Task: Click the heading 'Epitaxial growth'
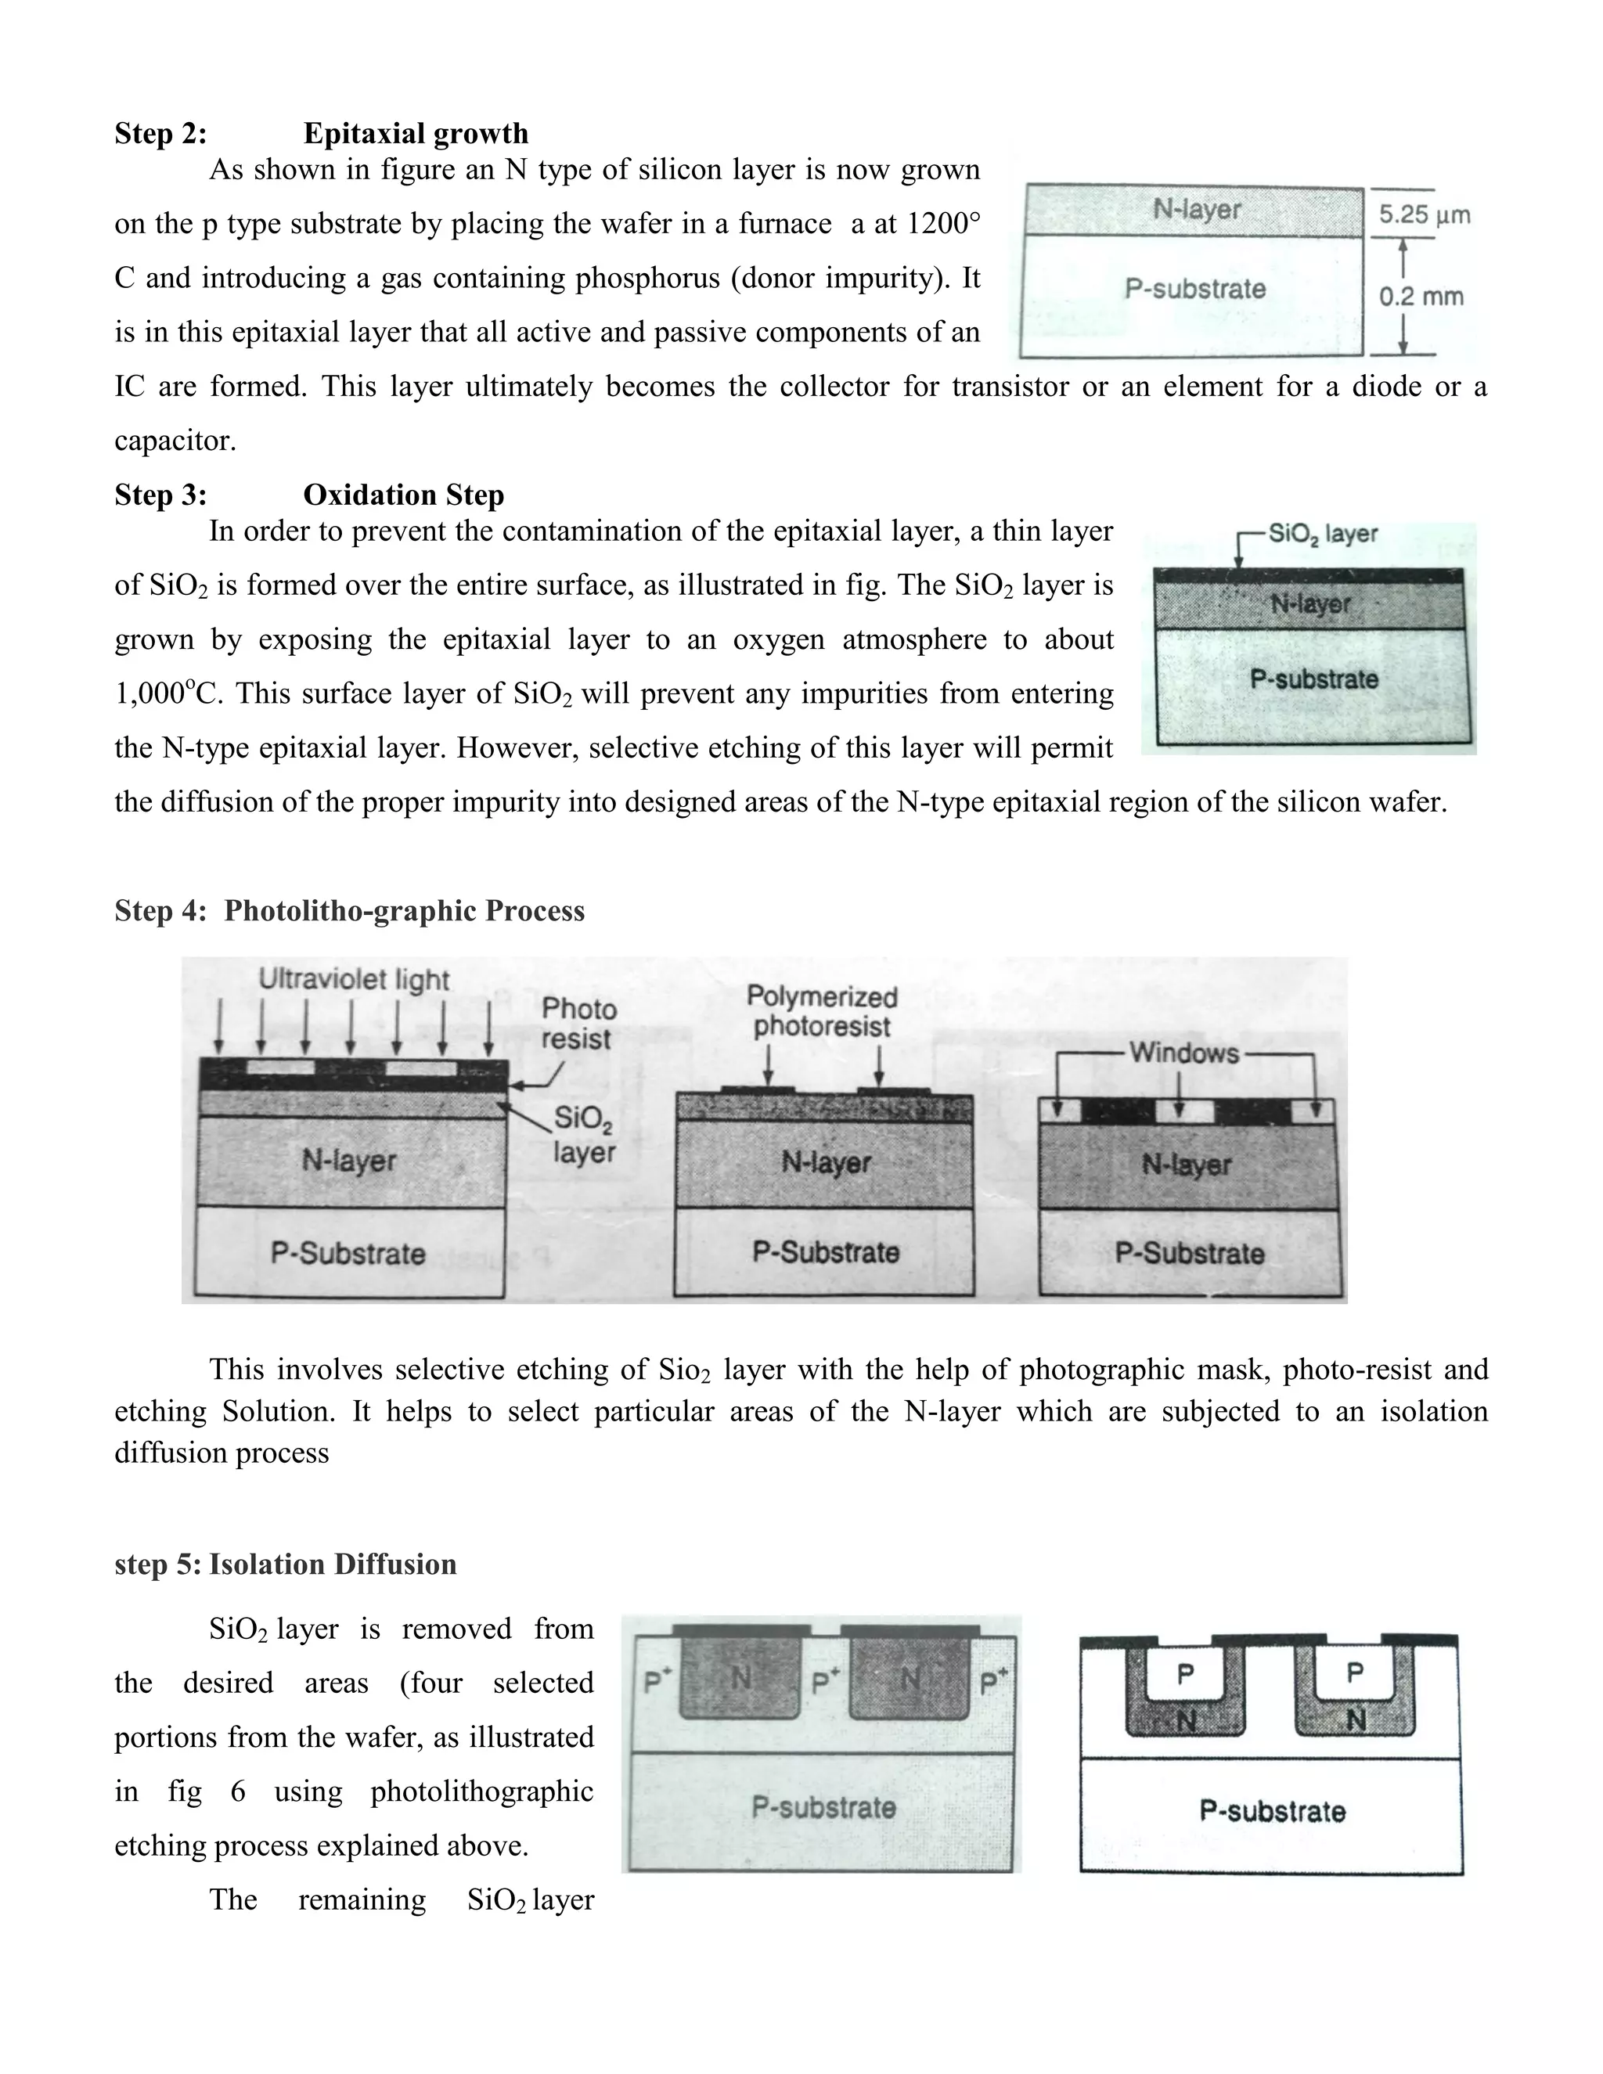pos(415,134)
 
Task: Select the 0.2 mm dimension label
pos(1421,297)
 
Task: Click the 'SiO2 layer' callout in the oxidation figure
pos(1323,534)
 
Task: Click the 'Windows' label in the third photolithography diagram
pos(1183,1053)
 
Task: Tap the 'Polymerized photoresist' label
pos(821,1011)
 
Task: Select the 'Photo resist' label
pos(578,1024)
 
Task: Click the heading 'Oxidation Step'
pos(404,495)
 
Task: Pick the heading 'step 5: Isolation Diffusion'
pos(285,1564)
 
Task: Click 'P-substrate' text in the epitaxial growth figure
pos(1194,289)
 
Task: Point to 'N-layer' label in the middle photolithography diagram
pos(825,1162)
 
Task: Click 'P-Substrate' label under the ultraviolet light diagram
pos(348,1254)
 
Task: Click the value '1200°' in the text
pos(942,224)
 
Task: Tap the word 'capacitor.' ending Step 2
pos(175,441)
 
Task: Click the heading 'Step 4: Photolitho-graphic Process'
pos(349,911)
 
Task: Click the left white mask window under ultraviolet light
pos(280,1068)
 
